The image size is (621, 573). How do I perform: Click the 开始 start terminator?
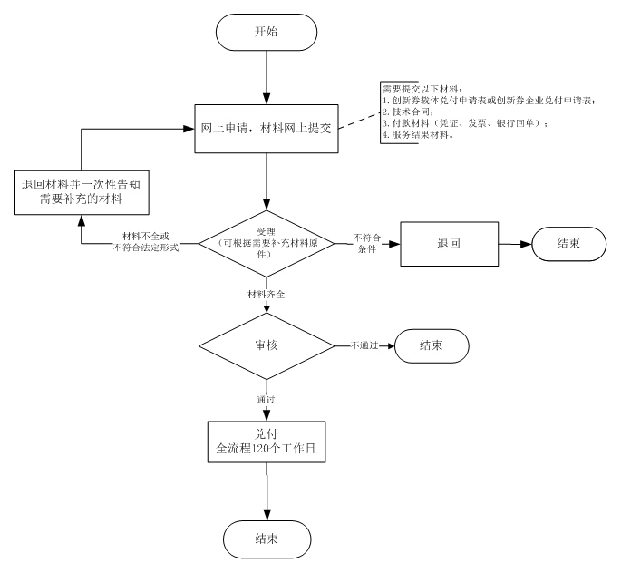point(266,32)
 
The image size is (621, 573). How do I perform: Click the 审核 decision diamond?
point(266,346)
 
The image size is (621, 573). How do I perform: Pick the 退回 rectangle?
point(450,244)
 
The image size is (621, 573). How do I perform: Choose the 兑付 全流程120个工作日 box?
point(266,441)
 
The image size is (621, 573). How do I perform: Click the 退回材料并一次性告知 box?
point(82,190)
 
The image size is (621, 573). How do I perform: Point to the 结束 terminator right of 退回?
point(568,244)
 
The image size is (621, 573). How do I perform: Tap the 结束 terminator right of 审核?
point(431,346)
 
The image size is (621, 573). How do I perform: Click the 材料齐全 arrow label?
point(266,296)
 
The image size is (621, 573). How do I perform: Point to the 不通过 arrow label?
point(365,346)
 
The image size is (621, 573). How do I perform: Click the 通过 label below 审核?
point(266,398)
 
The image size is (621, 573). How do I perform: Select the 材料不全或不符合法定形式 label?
point(143,242)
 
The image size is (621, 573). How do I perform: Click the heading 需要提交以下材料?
point(422,88)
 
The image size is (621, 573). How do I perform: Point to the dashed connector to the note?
point(356,118)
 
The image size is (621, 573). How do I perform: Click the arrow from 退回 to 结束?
point(514,244)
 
